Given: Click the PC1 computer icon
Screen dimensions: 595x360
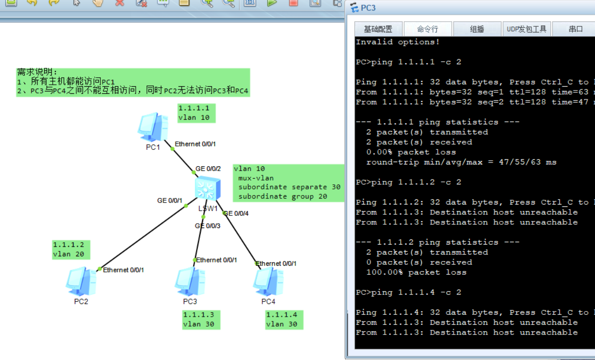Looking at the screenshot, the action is [153, 127].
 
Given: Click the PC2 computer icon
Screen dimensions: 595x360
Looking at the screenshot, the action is [81, 281].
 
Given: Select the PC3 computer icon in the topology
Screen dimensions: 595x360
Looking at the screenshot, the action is [190, 281].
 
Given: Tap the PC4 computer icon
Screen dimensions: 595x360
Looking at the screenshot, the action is [268, 281].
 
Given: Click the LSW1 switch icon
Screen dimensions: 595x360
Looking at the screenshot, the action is [207, 188].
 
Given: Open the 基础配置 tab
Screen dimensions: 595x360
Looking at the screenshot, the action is [378, 29].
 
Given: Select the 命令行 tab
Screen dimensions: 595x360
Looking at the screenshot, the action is [428, 29].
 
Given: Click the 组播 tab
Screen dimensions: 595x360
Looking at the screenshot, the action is [477, 29].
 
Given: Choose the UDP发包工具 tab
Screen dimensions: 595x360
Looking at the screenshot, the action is [527, 29].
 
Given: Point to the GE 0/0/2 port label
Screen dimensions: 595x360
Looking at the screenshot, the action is [208, 169].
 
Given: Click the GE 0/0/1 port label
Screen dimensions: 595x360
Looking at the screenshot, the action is [170, 200].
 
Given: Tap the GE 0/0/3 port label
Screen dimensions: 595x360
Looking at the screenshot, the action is [207, 226].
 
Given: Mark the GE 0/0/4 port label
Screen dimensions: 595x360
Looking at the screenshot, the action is [236, 213].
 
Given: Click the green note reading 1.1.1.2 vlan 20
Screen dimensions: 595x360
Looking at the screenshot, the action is [71, 250].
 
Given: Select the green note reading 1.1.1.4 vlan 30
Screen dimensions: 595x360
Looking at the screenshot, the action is [284, 320].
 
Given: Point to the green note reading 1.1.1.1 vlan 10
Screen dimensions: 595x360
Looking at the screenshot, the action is [196, 113].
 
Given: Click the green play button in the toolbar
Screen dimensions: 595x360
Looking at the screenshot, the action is [271, 3].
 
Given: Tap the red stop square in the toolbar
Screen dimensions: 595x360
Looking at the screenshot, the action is [293, 3].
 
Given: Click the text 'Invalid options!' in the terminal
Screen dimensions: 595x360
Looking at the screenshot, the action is [398, 42].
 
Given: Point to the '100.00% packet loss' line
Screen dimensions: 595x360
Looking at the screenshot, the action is [416, 272].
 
